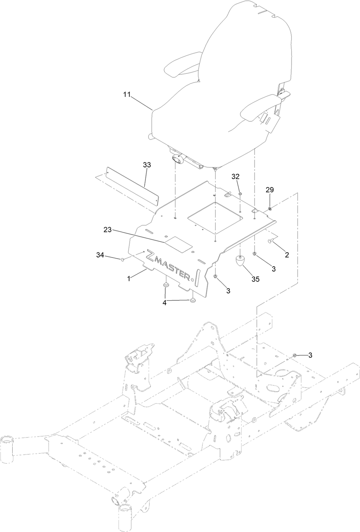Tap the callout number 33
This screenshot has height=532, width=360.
point(147,165)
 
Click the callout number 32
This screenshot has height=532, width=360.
point(235,176)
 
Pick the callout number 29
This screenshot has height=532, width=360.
point(270,189)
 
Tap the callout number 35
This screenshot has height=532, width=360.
point(256,278)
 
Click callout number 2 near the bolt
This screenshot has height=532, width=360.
point(287,255)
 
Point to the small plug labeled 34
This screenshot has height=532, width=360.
point(123,259)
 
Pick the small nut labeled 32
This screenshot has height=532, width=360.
point(239,194)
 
